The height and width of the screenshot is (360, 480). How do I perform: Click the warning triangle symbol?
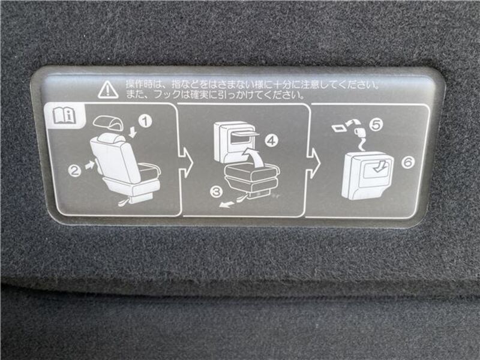pyautogui.click(x=108, y=89)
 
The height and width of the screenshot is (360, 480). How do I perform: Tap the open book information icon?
pyautogui.click(x=65, y=115)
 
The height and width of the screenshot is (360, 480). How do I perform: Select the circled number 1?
pyautogui.click(x=145, y=121)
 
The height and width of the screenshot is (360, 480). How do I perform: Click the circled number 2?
pyautogui.click(x=74, y=170)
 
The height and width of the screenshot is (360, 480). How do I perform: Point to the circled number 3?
pyautogui.click(x=217, y=192)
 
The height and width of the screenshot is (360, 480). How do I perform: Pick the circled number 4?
pyautogui.click(x=272, y=140)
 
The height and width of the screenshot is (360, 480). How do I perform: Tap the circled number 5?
pyautogui.click(x=376, y=125)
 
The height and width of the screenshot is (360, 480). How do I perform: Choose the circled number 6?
pyautogui.click(x=408, y=162)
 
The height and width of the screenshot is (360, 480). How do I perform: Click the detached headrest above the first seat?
pyautogui.click(x=109, y=123)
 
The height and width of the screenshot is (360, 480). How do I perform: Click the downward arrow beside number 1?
pyautogui.click(x=133, y=132)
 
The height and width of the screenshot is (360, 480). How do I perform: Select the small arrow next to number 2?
pyautogui.click(x=89, y=166)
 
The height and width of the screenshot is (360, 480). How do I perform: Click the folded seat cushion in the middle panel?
pyautogui.click(x=251, y=176)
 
